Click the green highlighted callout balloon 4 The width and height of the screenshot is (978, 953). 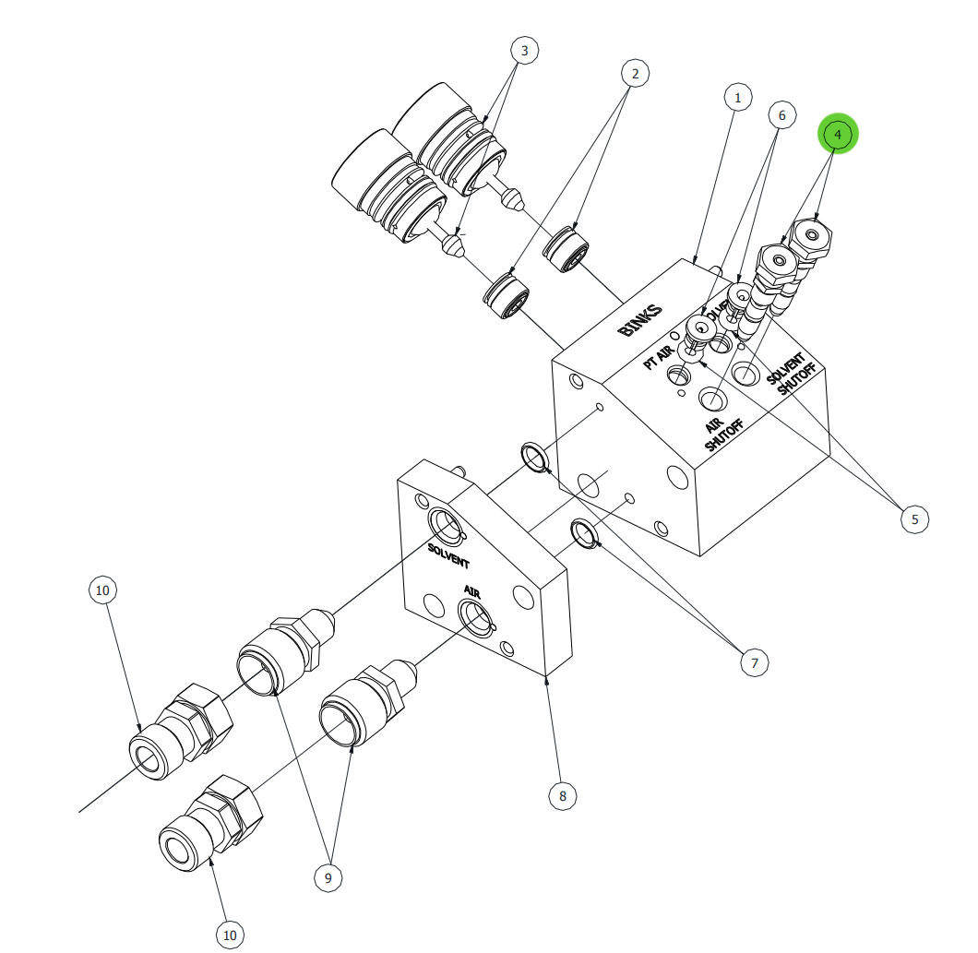click(x=838, y=134)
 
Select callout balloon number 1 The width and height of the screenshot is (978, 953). click(x=737, y=97)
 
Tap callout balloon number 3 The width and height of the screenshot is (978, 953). click(x=524, y=50)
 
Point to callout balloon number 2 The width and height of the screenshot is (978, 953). click(x=635, y=73)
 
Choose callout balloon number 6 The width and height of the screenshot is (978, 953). click(x=781, y=115)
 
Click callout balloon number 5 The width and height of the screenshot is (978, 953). click(x=914, y=519)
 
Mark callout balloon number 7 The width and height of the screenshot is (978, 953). click(x=754, y=661)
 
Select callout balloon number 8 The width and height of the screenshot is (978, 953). click(x=562, y=794)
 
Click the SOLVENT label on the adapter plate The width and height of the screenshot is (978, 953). click(x=448, y=555)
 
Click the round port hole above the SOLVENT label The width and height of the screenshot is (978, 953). click(x=447, y=527)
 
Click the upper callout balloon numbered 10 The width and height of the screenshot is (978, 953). click(x=102, y=589)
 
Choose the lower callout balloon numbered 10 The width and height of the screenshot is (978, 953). click(x=230, y=935)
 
